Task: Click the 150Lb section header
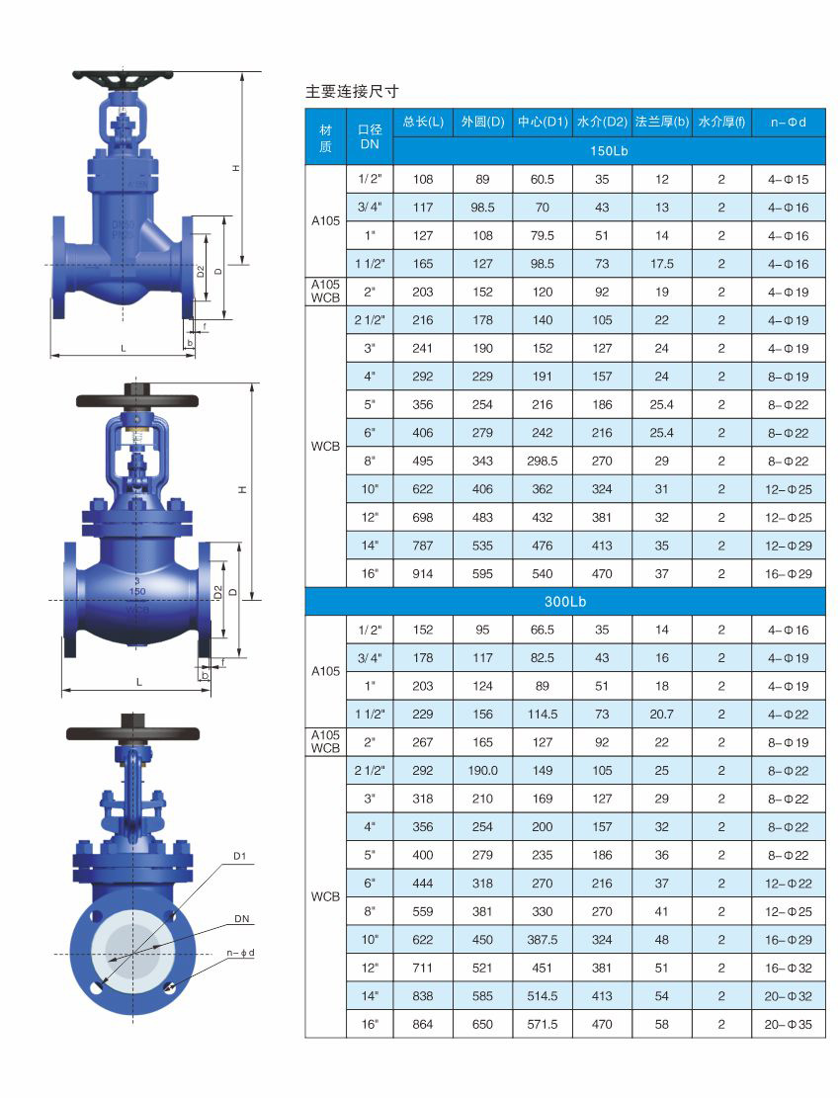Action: tap(609, 150)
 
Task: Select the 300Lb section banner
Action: tap(565, 602)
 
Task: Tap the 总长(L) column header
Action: tap(423, 122)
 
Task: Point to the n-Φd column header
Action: tap(789, 122)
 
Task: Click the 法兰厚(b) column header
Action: tap(661, 122)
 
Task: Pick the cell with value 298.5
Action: tap(543, 461)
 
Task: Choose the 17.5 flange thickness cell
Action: tap(661, 264)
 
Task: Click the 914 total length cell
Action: tap(423, 573)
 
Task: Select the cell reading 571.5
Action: tap(543, 1024)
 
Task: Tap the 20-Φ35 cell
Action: tap(789, 1024)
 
